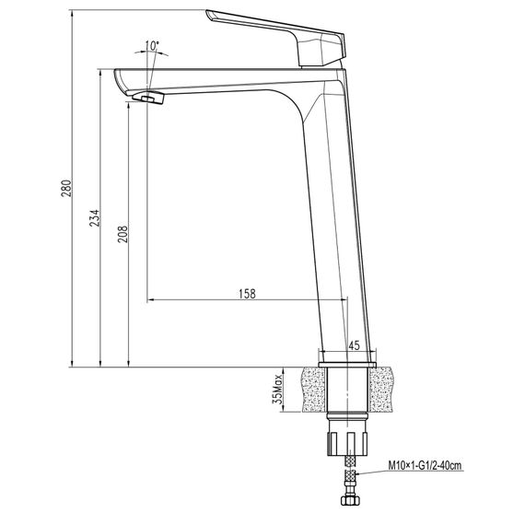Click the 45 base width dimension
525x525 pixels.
[354, 346]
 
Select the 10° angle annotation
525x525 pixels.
[152, 44]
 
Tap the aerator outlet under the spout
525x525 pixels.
[146, 99]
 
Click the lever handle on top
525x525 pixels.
[276, 30]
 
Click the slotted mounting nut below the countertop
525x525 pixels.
[346, 439]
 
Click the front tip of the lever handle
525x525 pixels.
[212, 15]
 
